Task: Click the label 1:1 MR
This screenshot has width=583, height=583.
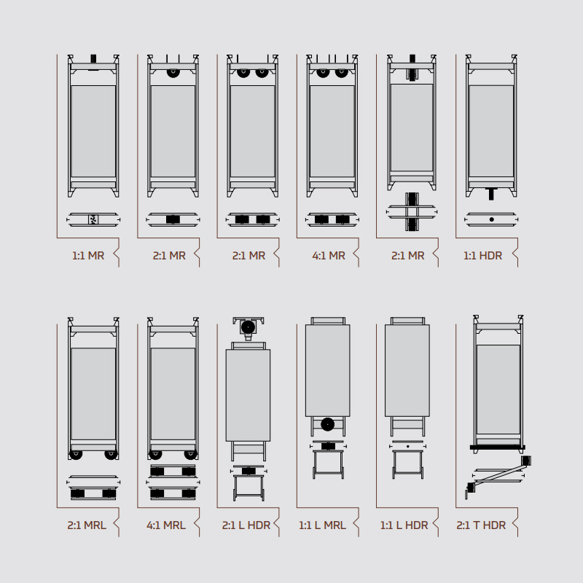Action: point(88,256)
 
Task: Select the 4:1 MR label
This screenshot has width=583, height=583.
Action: point(329,256)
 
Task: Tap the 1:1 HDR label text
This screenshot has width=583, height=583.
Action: point(482,256)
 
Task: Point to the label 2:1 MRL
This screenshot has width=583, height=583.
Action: point(87,525)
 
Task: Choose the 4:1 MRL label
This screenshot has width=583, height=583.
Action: point(166,525)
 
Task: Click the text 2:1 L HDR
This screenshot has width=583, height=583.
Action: point(246,525)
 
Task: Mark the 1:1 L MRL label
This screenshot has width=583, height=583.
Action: point(322,525)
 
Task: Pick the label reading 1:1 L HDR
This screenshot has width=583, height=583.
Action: point(404,525)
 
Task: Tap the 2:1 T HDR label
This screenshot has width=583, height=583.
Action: point(481,525)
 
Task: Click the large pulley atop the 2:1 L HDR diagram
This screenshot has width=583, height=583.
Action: point(248,327)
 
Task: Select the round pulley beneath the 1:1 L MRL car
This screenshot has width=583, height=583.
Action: point(327,424)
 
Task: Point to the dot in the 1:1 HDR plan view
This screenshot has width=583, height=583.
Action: point(491,219)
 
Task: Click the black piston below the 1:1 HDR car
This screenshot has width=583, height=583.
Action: point(491,194)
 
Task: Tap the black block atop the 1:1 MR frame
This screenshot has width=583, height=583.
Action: point(93,59)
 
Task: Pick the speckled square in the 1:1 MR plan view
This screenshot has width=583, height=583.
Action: point(93,219)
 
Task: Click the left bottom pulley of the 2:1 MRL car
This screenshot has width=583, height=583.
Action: point(76,455)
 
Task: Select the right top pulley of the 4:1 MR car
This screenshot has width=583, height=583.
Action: point(342,72)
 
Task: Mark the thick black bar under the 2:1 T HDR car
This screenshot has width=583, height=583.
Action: point(498,447)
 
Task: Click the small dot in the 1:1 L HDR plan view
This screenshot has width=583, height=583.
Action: point(408,446)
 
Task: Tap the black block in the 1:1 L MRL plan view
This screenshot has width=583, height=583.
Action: point(328,446)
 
